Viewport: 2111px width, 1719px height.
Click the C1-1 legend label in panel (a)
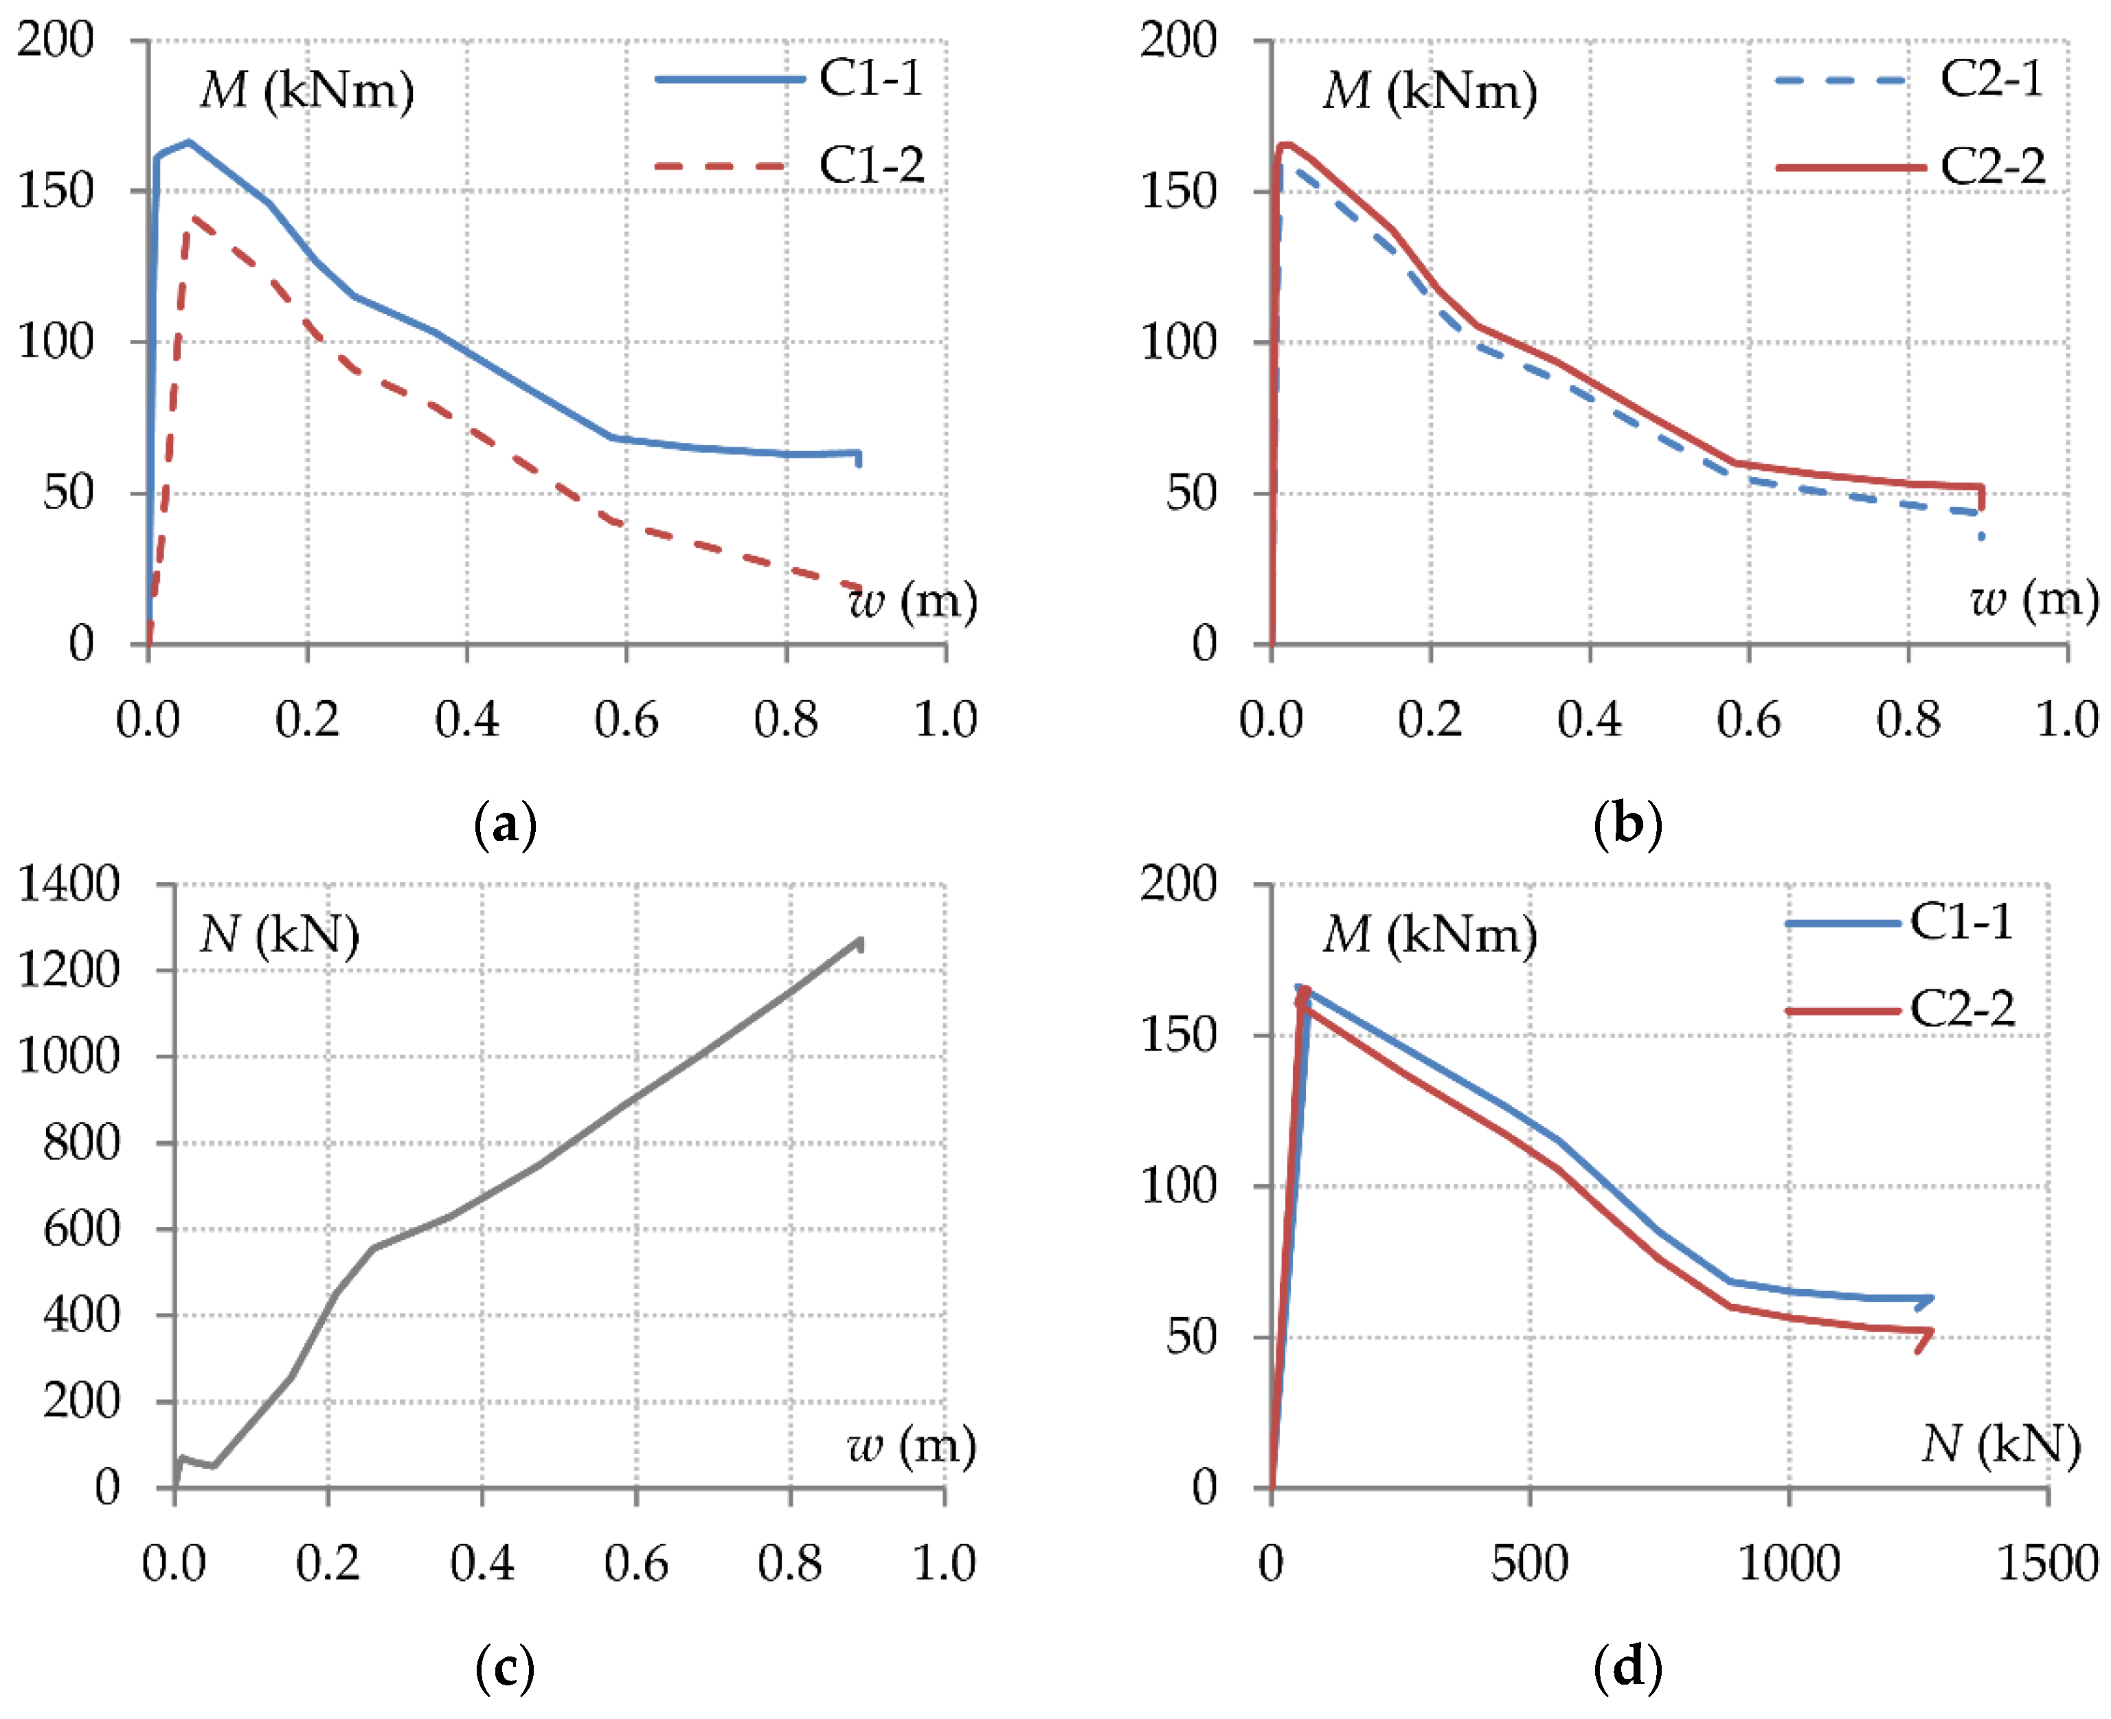pos(870,78)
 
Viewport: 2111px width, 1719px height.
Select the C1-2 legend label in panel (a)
pos(871,166)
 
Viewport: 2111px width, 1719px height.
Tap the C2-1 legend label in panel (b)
pos(1991,78)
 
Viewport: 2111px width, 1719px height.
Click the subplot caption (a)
pos(505,824)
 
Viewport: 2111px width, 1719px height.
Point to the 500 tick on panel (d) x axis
pos(1530,1564)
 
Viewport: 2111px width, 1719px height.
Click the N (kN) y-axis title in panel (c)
pos(279,935)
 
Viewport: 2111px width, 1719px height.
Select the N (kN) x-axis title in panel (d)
pos(2001,1445)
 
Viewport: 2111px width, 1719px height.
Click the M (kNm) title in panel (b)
pos(1430,91)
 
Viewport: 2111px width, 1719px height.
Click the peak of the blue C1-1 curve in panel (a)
pos(189,142)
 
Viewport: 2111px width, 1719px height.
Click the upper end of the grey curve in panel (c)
pos(861,940)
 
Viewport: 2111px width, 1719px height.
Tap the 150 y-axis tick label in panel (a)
pos(56,191)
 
